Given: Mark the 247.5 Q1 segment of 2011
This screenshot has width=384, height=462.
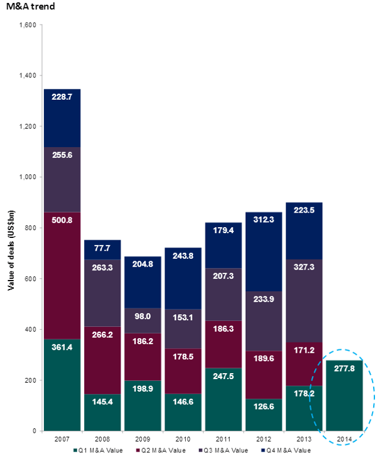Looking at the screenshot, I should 223,400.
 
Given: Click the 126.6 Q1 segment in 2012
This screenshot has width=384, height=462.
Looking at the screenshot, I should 263,415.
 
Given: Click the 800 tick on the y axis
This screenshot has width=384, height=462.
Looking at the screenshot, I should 31,228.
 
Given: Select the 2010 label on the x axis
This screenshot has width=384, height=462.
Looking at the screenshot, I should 183,438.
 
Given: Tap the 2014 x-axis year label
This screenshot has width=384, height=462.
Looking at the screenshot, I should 343,438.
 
